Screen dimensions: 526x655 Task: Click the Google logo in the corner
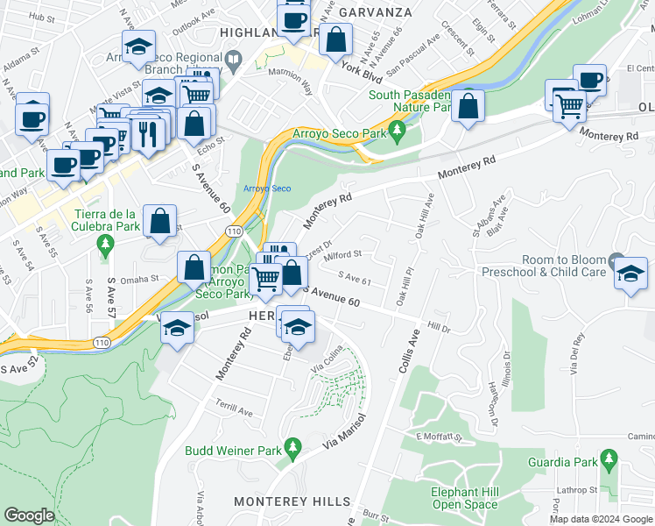[x=29, y=515]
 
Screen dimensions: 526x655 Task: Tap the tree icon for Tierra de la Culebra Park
[x=106, y=244]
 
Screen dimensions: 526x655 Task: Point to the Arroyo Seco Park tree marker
[x=398, y=133]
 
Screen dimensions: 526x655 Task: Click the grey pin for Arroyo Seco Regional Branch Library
[x=233, y=61]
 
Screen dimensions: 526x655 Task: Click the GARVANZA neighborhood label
[x=375, y=11]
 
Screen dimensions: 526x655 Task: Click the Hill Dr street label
[x=438, y=328]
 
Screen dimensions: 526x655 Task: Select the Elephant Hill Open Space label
[x=464, y=498]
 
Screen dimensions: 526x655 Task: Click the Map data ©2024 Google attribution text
[x=601, y=519]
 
